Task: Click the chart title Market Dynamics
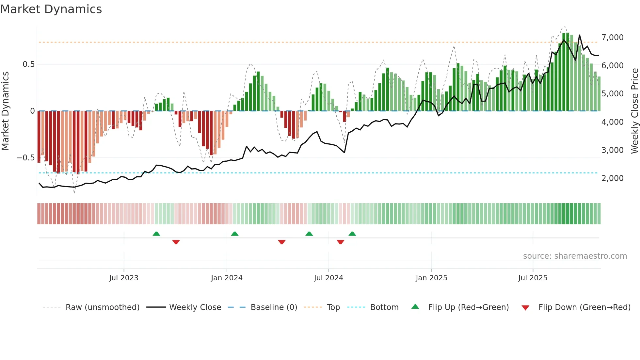click(x=51, y=9)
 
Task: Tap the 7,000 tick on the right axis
click(x=612, y=38)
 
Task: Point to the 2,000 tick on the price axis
click(x=612, y=178)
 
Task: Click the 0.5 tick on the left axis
click(x=28, y=64)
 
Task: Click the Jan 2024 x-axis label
click(x=227, y=278)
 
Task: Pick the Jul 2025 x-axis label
click(x=533, y=278)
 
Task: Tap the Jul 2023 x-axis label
click(x=124, y=278)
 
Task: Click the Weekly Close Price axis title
click(x=634, y=111)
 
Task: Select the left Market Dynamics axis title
click(x=5, y=111)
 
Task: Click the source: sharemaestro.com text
click(x=575, y=256)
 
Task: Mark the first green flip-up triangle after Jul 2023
click(x=156, y=234)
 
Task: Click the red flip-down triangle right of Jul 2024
click(x=340, y=242)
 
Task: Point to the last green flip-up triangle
click(x=352, y=234)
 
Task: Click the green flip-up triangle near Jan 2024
click(x=234, y=234)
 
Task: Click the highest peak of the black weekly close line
click(x=580, y=35)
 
